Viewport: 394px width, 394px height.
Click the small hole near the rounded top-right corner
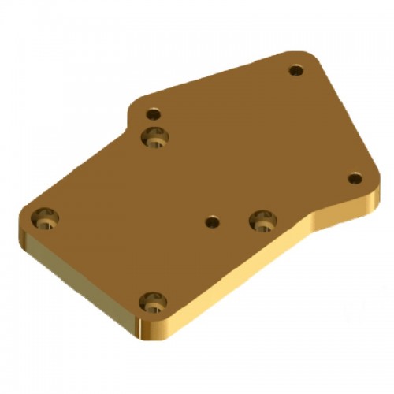tap(295, 71)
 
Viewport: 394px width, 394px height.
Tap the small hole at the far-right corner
tap(355, 178)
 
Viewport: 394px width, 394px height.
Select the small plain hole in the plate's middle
tap(211, 222)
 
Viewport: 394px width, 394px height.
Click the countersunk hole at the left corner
tap(44, 218)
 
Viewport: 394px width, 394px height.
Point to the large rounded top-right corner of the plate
tap(311, 58)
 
